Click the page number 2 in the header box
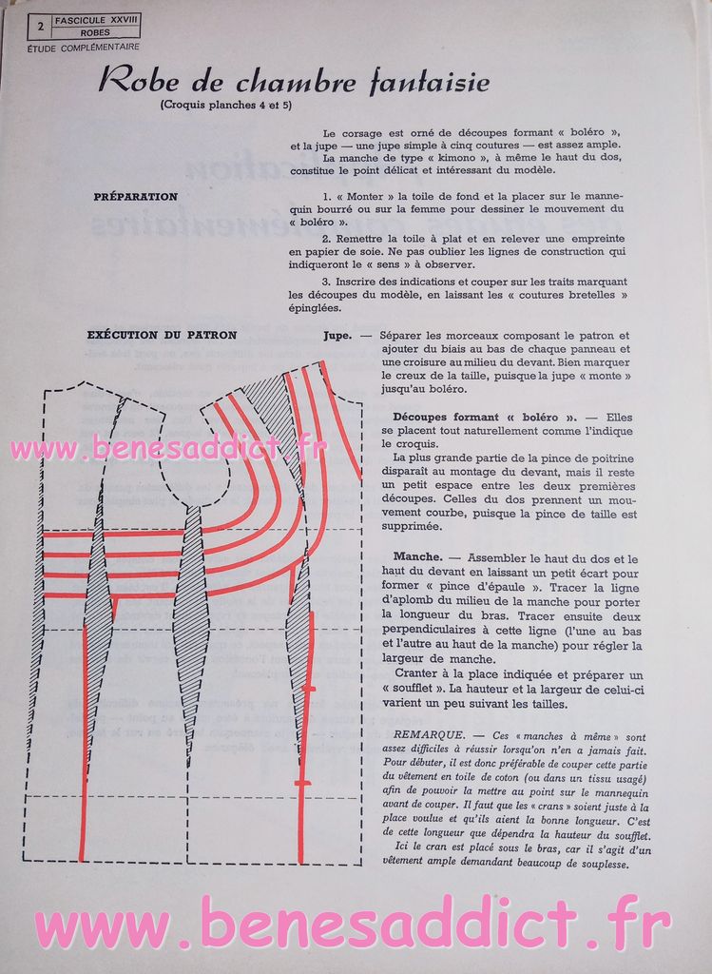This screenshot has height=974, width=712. [x=40, y=26]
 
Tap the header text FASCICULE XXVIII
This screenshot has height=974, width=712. [x=96, y=19]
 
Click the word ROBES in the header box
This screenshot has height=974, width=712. [x=95, y=32]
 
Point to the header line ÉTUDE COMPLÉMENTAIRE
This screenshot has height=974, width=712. [x=84, y=47]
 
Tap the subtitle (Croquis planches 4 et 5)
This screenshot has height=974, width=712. [x=213, y=105]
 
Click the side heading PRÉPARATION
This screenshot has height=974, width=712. [x=135, y=197]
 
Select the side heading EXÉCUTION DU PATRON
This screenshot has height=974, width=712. [x=162, y=335]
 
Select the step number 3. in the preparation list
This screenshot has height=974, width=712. [x=326, y=282]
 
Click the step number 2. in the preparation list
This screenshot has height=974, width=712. [x=326, y=238]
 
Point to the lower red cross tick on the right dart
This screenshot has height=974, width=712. [x=301, y=783]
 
